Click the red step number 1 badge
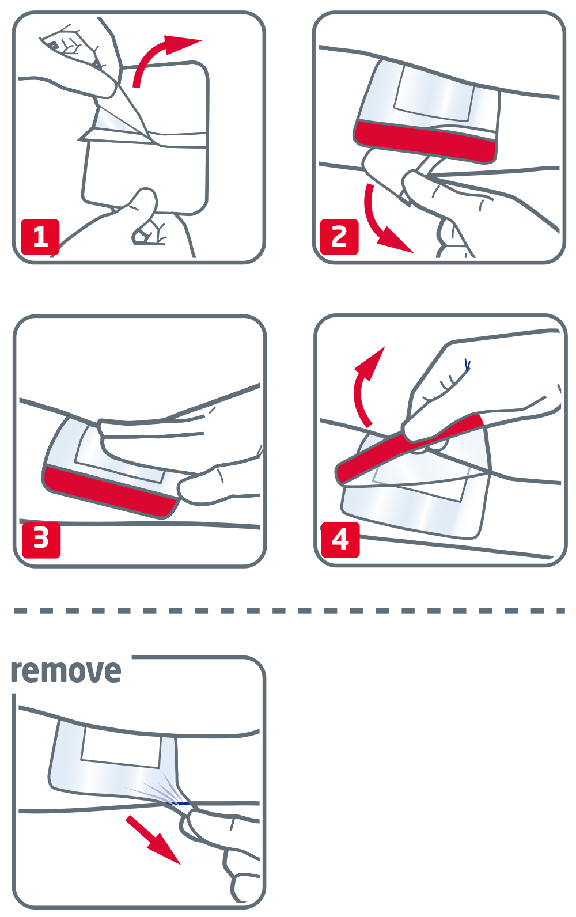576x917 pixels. pos(40,237)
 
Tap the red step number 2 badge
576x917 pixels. pos(339,237)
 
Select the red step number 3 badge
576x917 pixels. pos(41,540)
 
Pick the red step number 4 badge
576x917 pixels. pos(340,540)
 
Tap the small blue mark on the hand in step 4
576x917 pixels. pos(467,365)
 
